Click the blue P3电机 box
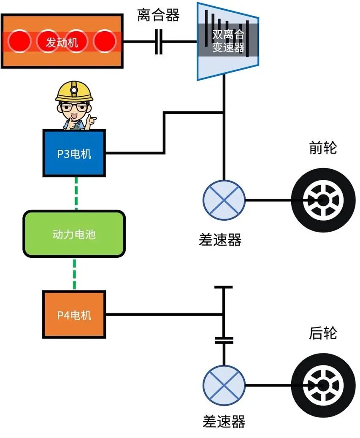coord(74,153)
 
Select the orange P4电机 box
coord(74,314)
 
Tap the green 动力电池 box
coord(74,234)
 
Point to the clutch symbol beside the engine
coord(159,42)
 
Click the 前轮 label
coord(323,149)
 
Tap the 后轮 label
coord(323,333)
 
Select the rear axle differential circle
coord(224,385)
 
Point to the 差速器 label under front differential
coord(220,240)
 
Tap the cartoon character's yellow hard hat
coord(74,91)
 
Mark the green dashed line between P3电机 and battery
coord(76,193)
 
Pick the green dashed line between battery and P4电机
coord(75,274)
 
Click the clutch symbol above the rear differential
coord(224,340)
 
